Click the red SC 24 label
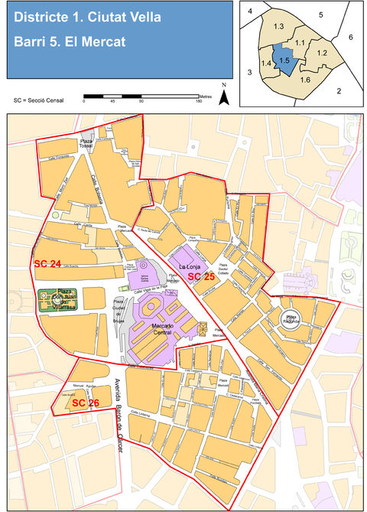click(x=47, y=263)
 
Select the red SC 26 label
click(x=86, y=402)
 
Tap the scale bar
click(x=141, y=96)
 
